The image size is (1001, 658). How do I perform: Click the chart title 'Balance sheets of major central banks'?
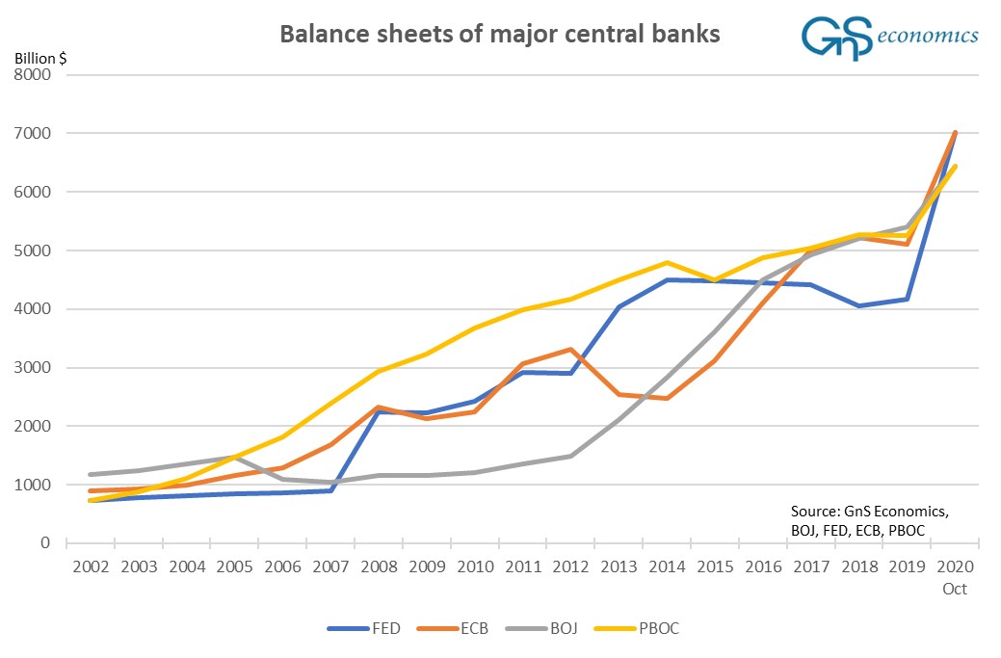(499, 35)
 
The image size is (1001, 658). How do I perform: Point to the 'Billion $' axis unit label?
(40, 57)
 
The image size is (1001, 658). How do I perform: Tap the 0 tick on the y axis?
(45, 543)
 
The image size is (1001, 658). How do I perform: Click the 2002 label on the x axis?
(92, 567)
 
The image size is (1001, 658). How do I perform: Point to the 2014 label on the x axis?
(667, 567)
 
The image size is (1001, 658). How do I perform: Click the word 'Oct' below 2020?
(954, 589)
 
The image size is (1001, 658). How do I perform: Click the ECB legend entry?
(459, 628)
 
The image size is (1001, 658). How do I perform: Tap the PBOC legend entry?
(645, 628)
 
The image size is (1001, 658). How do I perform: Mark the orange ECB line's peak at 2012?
(571, 350)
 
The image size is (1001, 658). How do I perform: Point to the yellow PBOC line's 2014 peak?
(667, 262)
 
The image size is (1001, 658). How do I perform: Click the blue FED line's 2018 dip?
(858, 305)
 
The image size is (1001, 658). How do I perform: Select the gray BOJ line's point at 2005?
(235, 457)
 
